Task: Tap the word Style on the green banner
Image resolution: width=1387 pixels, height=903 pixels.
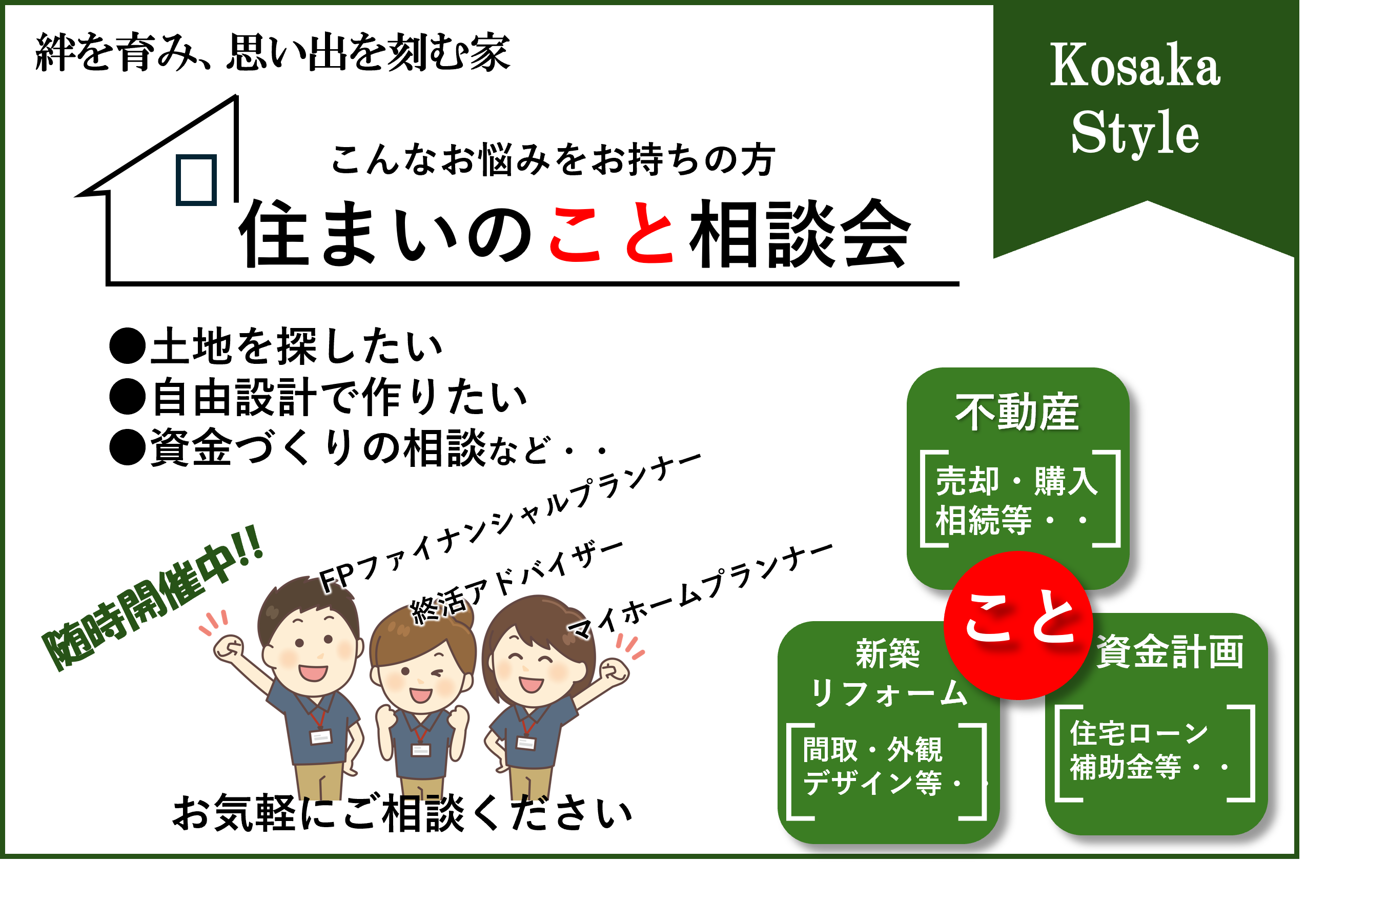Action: click(1135, 132)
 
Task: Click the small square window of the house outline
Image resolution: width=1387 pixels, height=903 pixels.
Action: click(196, 180)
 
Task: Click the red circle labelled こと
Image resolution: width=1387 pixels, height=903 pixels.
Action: click(1018, 625)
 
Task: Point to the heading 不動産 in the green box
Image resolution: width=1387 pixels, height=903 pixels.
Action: click(1017, 413)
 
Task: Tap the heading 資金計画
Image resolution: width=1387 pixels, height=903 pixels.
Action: click(1170, 651)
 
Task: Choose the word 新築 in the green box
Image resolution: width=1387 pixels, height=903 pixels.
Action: click(888, 653)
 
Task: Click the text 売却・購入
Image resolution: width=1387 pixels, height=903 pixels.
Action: click(1017, 481)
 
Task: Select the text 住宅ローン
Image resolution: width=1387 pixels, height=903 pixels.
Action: click(1139, 733)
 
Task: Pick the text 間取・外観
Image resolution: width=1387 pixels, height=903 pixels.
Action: click(872, 749)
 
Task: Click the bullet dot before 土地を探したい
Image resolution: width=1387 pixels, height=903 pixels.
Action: click(127, 346)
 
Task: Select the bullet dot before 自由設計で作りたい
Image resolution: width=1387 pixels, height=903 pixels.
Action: click(127, 397)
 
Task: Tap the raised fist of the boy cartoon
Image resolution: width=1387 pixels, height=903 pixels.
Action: click(229, 648)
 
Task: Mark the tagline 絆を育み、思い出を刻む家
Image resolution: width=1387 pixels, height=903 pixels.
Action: click(273, 52)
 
